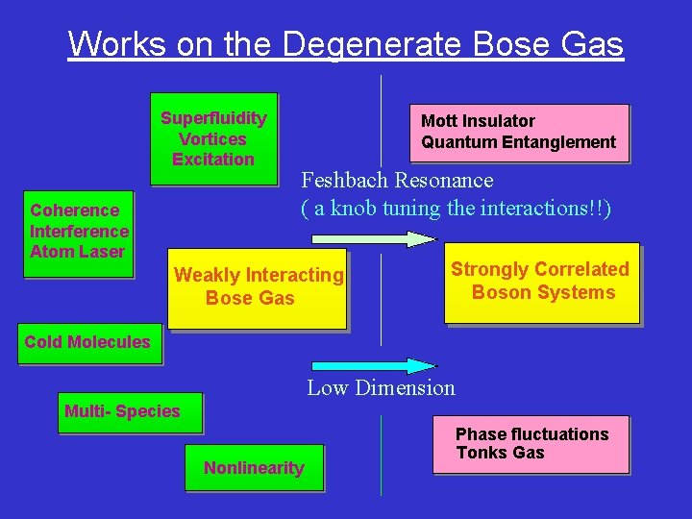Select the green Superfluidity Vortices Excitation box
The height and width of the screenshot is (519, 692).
(213, 138)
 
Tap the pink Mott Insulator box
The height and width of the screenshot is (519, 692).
(519, 132)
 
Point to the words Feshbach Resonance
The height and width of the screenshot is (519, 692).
(397, 181)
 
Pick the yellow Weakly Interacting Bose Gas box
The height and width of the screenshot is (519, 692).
(257, 286)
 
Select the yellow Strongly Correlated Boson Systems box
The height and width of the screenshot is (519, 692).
(542, 282)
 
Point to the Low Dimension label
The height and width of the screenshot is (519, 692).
(381, 388)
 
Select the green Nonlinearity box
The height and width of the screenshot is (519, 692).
(254, 468)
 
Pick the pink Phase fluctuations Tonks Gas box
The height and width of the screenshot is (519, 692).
(531, 444)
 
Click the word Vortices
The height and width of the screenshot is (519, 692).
(212, 139)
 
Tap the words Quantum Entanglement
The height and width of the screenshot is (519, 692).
(518, 142)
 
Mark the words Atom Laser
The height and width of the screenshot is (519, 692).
(77, 252)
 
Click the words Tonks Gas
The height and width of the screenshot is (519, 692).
(500, 453)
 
